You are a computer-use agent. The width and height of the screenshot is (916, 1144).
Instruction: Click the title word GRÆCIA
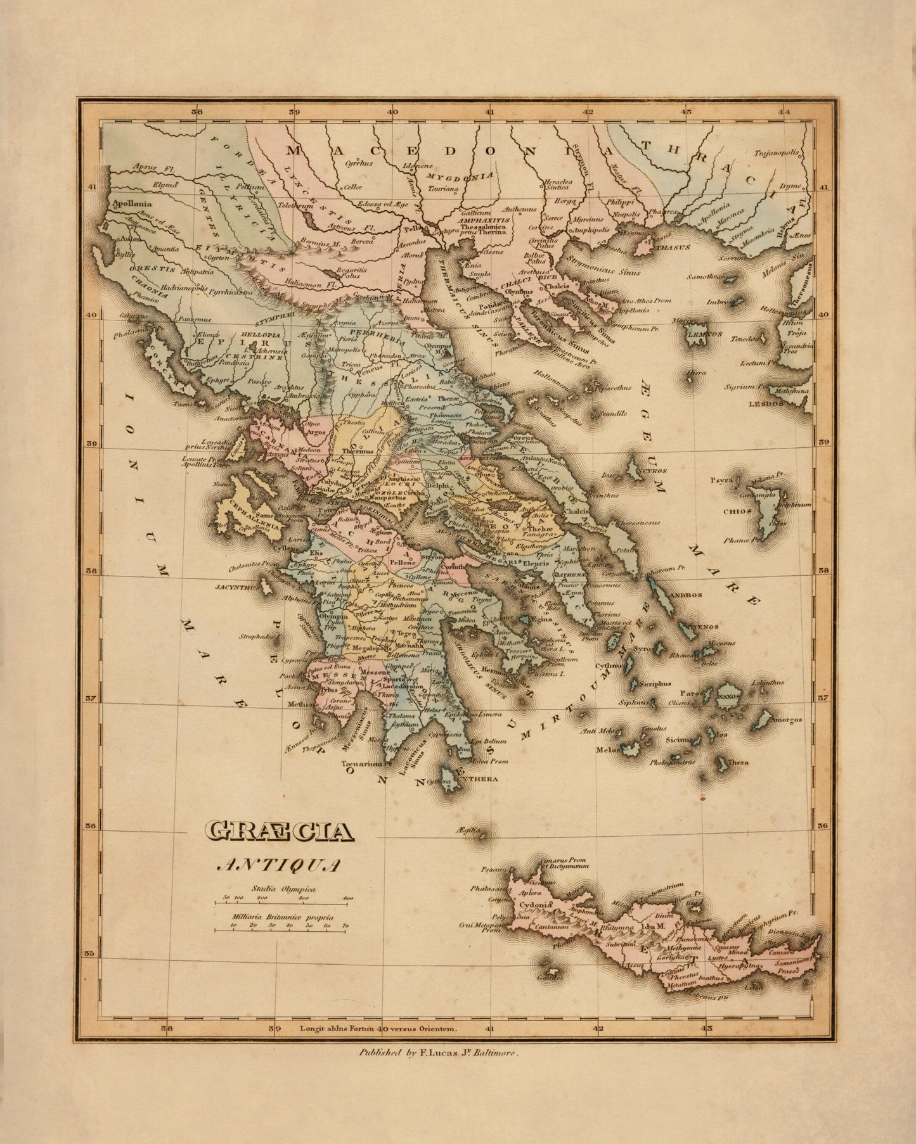coord(280,832)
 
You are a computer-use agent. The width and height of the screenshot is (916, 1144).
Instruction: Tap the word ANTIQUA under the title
coord(280,864)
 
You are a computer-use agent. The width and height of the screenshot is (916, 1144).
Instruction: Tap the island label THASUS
coord(672,248)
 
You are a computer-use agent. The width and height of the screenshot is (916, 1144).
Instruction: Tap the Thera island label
coord(738,763)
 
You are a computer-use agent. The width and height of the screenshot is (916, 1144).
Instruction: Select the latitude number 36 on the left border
coord(91,826)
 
